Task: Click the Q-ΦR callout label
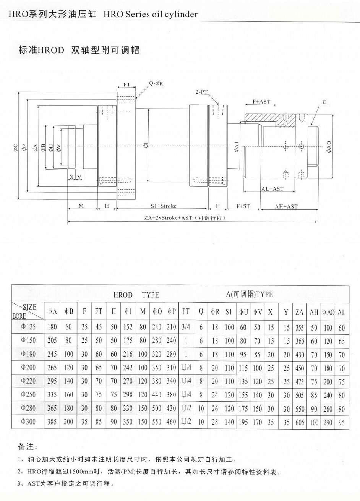pyautogui.click(x=156, y=83)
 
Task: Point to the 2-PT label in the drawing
pyautogui.click(x=201, y=92)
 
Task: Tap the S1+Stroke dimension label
pyautogui.click(x=163, y=206)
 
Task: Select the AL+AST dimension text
pyautogui.click(x=272, y=189)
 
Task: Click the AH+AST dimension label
pyautogui.click(x=286, y=206)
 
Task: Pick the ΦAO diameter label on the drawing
pyautogui.click(x=329, y=147)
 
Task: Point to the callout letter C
pyautogui.click(x=324, y=102)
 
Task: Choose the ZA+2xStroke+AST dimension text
pyautogui.click(x=185, y=218)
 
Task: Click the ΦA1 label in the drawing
pyautogui.click(x=237, y=147)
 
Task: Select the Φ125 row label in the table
pyautogui.click(x=28, y=327)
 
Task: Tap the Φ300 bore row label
pyautogui.click(x=28, y=422)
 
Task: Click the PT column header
pyautogui.click(x=186, y=311)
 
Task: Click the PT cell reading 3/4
pyautogui.click(x=186, y=327)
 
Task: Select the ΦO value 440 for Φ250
pyautogui.click(x=157, y=395)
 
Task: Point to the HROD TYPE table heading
pyautogui.click(x=136, y=295)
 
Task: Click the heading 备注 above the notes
pyautogui.click(x=28, y=446)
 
